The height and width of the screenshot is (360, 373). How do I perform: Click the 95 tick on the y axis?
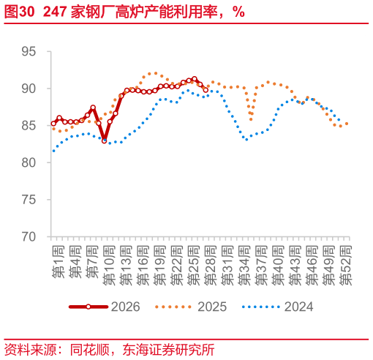29,51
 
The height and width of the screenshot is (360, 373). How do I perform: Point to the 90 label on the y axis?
29,89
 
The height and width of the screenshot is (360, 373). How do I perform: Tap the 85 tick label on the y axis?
29,126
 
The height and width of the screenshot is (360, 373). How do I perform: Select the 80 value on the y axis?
29,162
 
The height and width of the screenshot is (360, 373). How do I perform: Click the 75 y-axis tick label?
29,200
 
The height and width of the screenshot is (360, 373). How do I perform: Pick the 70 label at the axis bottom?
29,237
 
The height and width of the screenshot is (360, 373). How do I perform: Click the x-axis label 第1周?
59,262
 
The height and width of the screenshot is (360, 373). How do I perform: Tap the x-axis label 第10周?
109,266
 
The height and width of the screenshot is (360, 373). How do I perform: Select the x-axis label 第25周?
194,266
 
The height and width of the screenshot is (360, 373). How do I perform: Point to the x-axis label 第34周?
244,266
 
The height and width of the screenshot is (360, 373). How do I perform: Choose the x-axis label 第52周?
346,266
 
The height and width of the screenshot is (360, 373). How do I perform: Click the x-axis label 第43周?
295,266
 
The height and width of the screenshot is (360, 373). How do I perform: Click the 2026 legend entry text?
126,307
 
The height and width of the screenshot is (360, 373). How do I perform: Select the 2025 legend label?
212,307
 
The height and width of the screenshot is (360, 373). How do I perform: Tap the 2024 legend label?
299,307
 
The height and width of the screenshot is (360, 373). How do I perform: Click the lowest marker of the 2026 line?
105,140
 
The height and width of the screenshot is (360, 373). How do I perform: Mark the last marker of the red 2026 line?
206,90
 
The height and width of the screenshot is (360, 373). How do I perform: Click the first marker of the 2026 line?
53,124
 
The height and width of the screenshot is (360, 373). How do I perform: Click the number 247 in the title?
55,12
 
